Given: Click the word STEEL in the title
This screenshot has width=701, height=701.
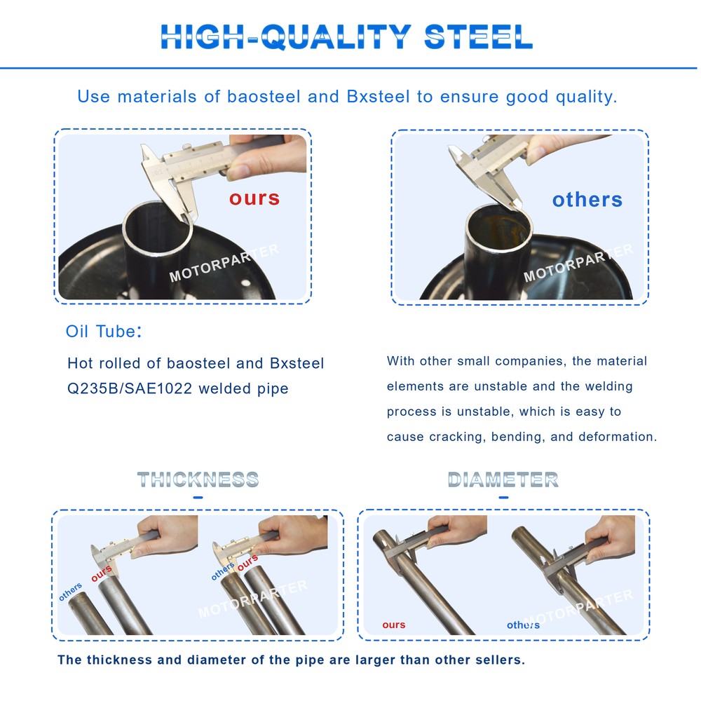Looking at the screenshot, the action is click(x=478, y=36).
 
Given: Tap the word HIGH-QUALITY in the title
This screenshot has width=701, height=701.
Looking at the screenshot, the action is click(x=286, y=37).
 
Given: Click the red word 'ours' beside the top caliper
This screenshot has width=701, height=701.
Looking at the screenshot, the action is click(x=254, y=198).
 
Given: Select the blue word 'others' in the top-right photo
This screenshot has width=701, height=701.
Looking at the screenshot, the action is click(x=587, y=199).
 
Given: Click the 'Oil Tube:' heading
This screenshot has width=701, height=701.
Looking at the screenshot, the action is click(x=104, y=332).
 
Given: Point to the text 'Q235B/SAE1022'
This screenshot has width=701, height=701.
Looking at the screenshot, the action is click(x=130, y=388).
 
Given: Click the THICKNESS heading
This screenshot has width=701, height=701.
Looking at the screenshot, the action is click(x=198, y=479).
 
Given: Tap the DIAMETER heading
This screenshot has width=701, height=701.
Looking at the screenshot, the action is click(x=503, y=479).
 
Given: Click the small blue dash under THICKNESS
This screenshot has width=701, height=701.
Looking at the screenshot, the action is click(x=198, y=497).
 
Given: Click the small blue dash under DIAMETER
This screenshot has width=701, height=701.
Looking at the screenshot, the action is click(x=503, y=497).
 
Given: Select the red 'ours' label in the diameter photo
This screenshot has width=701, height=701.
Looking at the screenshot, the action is click(x=394, y=625).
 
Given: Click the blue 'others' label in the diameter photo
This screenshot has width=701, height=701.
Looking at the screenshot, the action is click(x=523, y=625).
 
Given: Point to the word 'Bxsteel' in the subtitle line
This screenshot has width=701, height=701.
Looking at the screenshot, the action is click(x=379, y=97).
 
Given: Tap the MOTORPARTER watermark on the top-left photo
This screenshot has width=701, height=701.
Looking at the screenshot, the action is click(x=224, y=263).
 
